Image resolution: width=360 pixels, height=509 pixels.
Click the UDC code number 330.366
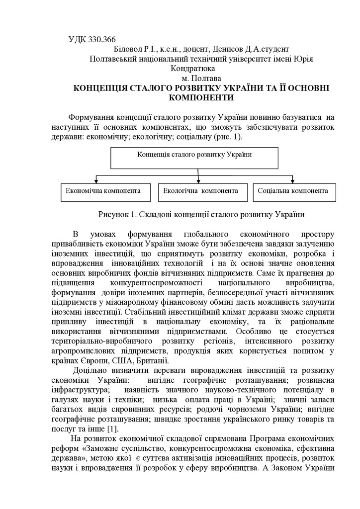tap(103, 40)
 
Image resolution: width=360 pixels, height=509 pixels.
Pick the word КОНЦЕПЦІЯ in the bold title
tap(102, 87)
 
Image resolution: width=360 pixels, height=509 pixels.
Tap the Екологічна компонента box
tap(198, 191)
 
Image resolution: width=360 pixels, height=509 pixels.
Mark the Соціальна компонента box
tap(293, 191)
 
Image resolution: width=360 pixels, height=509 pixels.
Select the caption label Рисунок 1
tap(117, 215)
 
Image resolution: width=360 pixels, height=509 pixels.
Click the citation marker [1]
tap(112, 428)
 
